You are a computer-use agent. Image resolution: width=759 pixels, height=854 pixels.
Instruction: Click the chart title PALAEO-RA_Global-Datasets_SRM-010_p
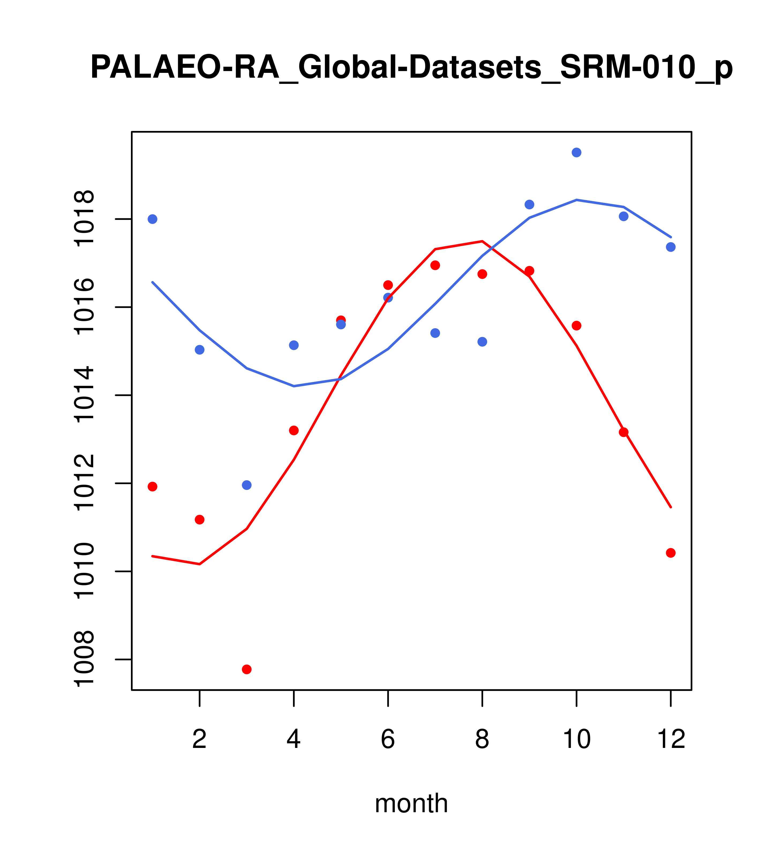pos(411,68)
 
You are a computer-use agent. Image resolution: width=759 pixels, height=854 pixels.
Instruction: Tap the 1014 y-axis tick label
pos(84,395)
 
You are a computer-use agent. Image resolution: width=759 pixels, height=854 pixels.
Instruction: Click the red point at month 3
pos(247,669)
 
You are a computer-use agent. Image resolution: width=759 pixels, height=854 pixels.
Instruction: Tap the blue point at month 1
pos(152,219)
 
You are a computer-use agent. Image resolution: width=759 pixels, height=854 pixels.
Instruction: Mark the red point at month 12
pos(671,553)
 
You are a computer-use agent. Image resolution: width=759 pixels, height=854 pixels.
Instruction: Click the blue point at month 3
pos(247,485)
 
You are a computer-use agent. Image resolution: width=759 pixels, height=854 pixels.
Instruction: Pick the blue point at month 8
pos(482,342)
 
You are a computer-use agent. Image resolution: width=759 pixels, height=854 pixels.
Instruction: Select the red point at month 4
pos(294,430)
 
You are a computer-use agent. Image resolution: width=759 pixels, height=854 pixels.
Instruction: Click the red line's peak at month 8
pos(482,241)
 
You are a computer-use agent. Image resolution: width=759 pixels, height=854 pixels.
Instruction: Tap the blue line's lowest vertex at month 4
pos(294,386)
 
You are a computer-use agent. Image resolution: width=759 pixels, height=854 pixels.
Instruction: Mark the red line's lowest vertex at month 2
pos(200,564)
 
